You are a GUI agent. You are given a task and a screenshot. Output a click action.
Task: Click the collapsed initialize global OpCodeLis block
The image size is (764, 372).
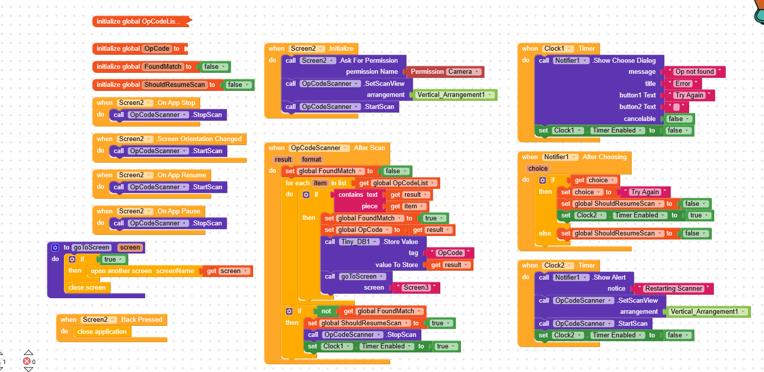click(x=138, y=21)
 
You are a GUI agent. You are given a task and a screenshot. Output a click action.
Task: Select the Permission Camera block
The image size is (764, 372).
click(x=445, y=72)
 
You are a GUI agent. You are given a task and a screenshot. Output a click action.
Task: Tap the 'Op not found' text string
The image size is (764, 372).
click(x=695, y=72)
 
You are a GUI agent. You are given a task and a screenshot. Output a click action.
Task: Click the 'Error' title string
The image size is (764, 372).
click(x=683, y=84)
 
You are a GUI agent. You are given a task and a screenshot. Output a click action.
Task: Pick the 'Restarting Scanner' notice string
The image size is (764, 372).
click(x=674, y=289)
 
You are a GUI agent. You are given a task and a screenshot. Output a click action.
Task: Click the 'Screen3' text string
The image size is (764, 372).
click(x=416, y=288)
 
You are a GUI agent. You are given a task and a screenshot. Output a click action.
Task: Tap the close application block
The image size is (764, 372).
click(x=102, y=332)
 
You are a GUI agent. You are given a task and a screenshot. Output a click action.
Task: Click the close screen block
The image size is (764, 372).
click(x=87, y=288)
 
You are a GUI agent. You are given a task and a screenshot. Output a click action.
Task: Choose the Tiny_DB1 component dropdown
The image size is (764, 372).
click(x=358, y=242)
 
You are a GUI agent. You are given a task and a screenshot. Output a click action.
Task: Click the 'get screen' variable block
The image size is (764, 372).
click(x=227, y=271)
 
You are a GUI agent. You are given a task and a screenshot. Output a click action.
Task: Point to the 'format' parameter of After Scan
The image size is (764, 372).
click(x=312, y=159)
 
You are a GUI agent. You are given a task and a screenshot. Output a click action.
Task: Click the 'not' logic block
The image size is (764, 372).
click(x=326, y=311)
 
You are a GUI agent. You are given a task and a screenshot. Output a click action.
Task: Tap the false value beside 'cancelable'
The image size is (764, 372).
click(x=679, y=119)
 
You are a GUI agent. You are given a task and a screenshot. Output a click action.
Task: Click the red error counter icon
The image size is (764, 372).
click(x=27, y=361)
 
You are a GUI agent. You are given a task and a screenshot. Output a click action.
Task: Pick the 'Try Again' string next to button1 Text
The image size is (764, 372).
click(x=688, y=95)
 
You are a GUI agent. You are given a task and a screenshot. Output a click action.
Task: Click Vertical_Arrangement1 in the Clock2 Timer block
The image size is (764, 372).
click(x=708, y=312)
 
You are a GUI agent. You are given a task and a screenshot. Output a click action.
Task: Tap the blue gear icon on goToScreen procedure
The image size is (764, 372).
click(x=55, y=247)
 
